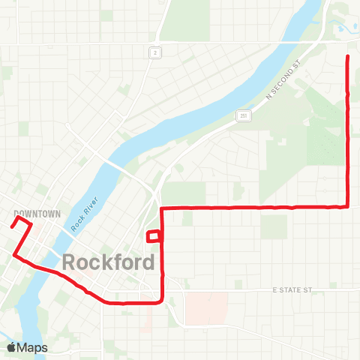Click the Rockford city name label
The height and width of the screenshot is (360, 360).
(x=109, y=262)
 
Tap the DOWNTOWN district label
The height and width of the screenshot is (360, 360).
(x=37, y=214)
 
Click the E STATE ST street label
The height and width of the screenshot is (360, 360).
(x=292, y=289)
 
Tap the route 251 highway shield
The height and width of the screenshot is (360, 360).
(x=244, y=115)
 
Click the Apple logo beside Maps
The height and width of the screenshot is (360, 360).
(x=11, y=347)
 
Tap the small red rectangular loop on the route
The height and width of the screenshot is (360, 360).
(x=154, y=236)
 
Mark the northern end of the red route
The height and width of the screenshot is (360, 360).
(x=347, y=57)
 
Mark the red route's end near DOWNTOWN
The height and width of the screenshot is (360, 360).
(x=13, y=223)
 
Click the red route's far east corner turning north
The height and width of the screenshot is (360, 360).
(x=347, y=205)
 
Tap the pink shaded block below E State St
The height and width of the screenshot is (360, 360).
(x=206, y=307)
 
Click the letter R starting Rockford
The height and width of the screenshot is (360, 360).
(x=70, y=262)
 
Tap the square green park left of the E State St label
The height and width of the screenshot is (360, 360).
(x=238, y=284)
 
